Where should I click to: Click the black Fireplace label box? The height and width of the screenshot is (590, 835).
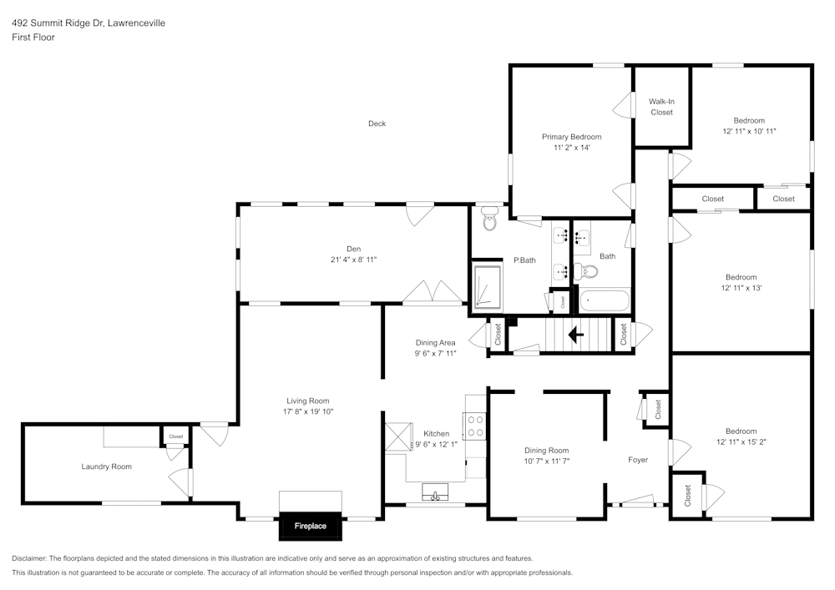[310, 526]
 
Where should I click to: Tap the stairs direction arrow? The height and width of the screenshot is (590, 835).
[575, 335]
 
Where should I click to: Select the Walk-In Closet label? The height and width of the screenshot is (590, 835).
[661, 107]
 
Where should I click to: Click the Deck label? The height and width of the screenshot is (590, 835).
[377, 124]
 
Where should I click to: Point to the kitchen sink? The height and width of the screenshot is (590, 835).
[434, 493]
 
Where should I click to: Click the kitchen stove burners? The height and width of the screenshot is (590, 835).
[474, 427]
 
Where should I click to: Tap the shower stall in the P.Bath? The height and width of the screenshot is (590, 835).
[485, 287]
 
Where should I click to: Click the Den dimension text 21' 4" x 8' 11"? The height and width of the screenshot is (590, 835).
[353, 260]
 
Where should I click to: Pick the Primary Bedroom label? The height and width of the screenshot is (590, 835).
[571, 137]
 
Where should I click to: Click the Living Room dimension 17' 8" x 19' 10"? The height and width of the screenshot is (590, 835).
[309, 411]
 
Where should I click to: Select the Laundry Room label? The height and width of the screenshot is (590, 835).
[106, 466]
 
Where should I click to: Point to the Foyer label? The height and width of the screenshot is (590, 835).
[638, 460]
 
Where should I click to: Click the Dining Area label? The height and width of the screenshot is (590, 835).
[435, 342]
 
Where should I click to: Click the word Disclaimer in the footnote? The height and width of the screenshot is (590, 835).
[31, 558]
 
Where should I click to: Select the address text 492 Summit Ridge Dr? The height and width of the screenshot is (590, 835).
[63, 23]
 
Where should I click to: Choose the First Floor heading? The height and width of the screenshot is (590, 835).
[33, 38]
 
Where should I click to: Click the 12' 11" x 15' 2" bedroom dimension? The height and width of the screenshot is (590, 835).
[741, 442]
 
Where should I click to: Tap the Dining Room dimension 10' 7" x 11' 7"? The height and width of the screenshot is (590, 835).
[546, 461]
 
